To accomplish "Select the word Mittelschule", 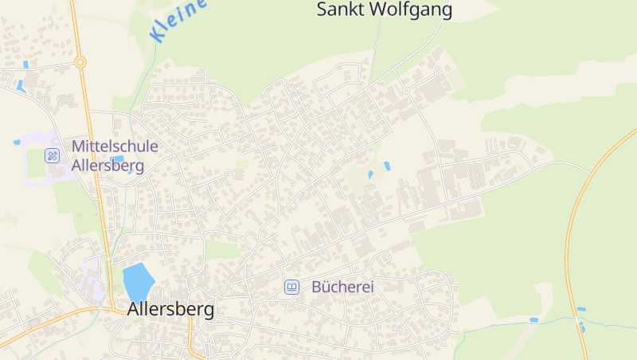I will click(115, 147).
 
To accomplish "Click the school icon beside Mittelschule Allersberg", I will click(53, 155).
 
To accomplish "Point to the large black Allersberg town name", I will click(170, 310).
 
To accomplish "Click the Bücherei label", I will click(342, 287).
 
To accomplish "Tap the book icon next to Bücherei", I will click(292, 287).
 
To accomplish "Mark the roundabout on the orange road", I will click(80, 61).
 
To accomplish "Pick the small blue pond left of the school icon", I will click(17, 143).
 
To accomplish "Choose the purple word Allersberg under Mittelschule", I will click(107, 166).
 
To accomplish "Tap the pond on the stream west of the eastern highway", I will click(533, 320).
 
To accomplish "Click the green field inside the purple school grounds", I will click(37, 163).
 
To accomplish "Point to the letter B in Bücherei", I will click(317, 287).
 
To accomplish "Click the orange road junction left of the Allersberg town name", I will click(104, 308).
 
